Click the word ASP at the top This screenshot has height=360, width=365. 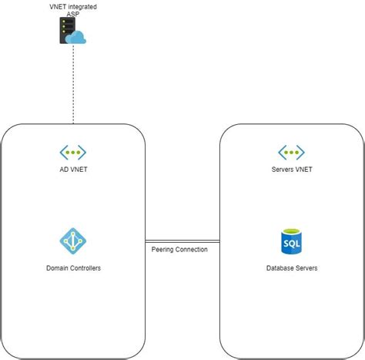[73, 14]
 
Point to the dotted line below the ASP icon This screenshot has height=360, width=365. [73, 85]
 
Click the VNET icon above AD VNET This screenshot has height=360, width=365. [73, 152]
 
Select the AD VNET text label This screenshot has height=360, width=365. [73, 170]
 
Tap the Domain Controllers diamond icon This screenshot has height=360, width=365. [73, 241]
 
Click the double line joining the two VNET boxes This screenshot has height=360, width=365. [182, 241]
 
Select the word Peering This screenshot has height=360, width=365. [162, 249]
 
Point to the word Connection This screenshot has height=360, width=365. [191, 249]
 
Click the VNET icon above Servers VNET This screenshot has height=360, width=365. [291, 152]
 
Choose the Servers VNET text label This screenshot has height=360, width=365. [291, 170]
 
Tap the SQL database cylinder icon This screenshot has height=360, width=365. [291, 241]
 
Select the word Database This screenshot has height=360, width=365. [280, 267]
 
